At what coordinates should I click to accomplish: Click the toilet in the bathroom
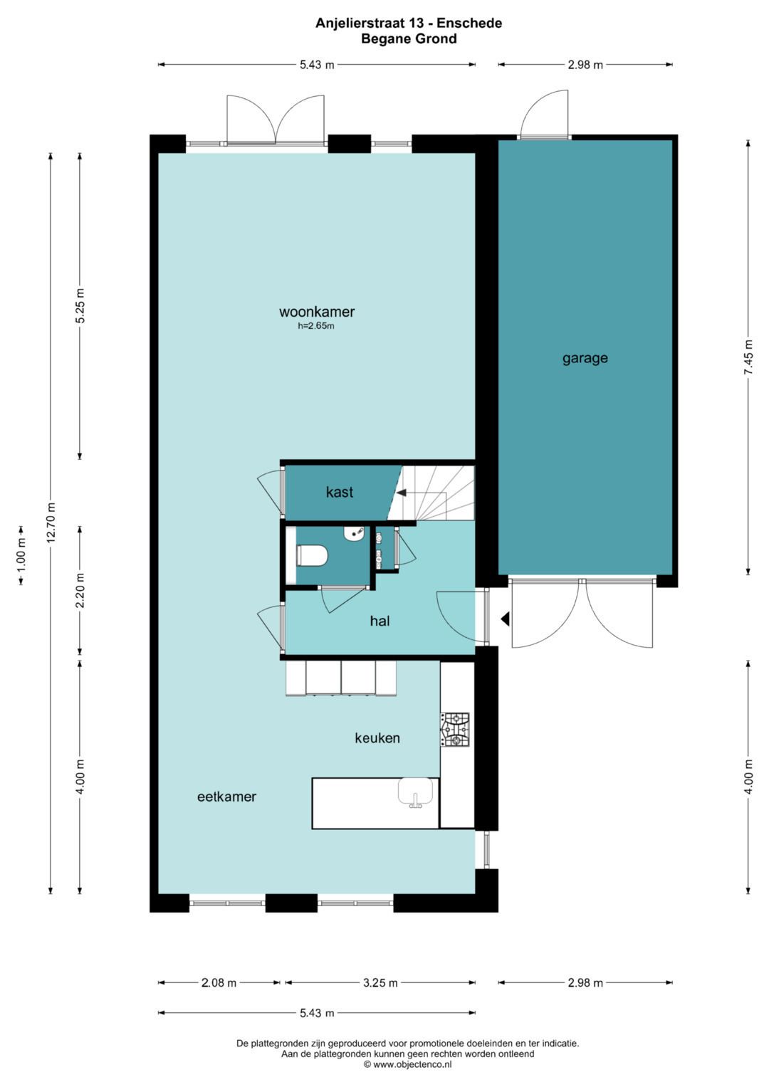(311, 555)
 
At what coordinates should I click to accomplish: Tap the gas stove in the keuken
(455, 730)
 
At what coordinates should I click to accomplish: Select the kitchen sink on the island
(416, 792)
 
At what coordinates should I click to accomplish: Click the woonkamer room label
(317, 312)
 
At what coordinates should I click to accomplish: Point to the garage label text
(585, 358)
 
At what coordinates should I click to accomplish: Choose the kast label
(340, 492)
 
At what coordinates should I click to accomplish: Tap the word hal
(380, 621)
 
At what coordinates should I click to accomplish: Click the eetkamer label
(226, 797)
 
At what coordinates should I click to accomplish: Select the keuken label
(377, 738)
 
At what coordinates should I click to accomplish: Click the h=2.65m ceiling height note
(316, 327)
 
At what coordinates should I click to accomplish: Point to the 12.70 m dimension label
(51, 523)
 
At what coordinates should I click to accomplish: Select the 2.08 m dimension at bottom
(219, 983)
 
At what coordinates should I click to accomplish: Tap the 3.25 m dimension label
(380, 983)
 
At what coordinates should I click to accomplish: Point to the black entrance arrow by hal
(505, 619)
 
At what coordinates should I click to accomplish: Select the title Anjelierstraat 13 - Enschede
(409, 23)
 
